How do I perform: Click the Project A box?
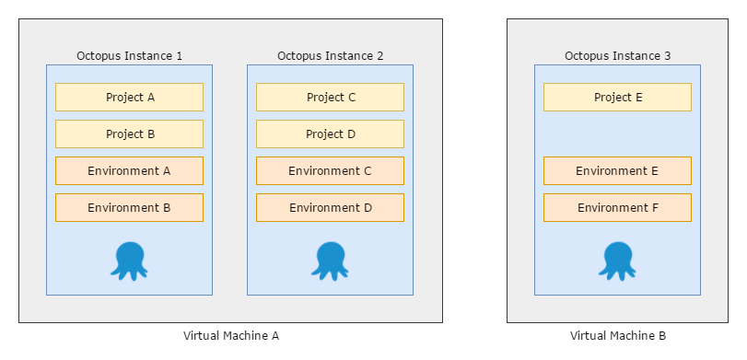point(129,98)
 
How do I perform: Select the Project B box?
point(129,134)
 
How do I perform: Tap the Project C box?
point(330,98)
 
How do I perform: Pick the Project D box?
point(330,134)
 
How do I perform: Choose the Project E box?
point(617,98)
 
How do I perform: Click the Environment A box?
point(129,171)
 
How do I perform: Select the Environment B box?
point(129,208)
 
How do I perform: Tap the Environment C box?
point(330,171)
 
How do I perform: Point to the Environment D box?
point(330,208)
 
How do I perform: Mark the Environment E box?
point(617,171)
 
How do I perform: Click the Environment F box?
point(617,208)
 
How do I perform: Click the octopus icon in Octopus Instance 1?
point(129,260)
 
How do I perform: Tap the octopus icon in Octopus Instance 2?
point(330,260)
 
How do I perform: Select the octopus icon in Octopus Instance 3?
point(617,260)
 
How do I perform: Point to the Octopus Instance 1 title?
point(129,56)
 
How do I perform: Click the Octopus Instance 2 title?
point(330,56)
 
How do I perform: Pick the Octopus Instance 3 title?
point(617,56)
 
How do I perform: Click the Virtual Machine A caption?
point(230,336)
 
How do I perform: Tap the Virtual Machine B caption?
point(617,336)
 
